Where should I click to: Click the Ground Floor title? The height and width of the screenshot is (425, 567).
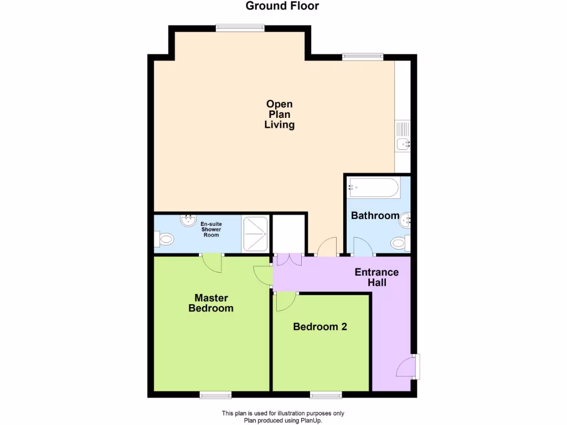(x=282, y=7)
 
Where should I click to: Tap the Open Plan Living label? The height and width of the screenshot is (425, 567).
(x=280, y=115)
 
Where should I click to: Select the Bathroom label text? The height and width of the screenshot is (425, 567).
(x=375, y=215)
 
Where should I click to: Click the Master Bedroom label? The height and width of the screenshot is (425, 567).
(x=211, y=303)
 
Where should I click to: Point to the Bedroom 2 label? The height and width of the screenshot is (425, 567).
(x=320, y=326)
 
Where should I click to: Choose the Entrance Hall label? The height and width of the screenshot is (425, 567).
(x=377, y=277)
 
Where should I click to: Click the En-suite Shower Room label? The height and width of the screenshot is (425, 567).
(x=210, y=229)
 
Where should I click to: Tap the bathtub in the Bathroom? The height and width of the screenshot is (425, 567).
(x=373, y=188)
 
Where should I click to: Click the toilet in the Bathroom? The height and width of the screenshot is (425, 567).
(x=399, y=243)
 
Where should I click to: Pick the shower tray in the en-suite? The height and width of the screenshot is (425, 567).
(x=255, y=234)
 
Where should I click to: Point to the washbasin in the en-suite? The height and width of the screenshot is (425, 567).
(x=189, y=220)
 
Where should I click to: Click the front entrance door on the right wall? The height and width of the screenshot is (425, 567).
(x=407, y=367)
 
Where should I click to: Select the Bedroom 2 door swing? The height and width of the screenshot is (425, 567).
(x=285, y=301)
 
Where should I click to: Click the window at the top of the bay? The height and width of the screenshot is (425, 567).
(x=239, y=28)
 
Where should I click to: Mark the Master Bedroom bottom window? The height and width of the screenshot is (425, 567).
(x=215, y=395)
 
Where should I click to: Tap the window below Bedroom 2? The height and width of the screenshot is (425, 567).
(x=325, y=395)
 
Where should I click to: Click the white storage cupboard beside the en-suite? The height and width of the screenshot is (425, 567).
(x=289, y=234)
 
